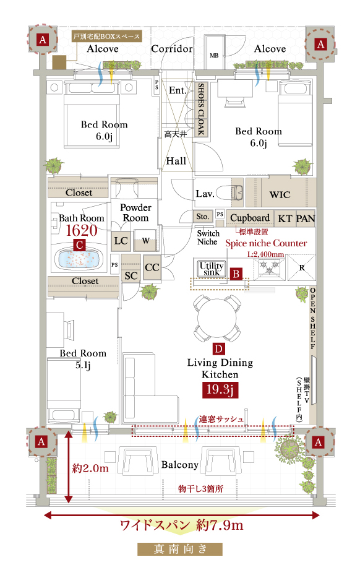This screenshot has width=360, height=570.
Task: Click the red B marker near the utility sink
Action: [x=236, y=274]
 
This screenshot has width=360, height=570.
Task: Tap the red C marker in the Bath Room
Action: [x=80, y=244]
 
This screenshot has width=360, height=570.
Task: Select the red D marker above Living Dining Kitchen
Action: [x=219, y=349]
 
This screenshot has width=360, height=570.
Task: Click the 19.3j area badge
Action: [x=220, y=390]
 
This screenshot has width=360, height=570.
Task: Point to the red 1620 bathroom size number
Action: [x=82, y=230]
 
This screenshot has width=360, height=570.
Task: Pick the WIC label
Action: [x=280, y=195]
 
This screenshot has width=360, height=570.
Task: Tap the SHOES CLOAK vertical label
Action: [x=201, y=109]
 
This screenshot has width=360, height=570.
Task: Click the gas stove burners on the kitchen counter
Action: [x=269, y=267]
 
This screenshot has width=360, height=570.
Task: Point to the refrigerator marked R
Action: [x=301, y=267]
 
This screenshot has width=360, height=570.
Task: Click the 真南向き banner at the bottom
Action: [x=180, y=549]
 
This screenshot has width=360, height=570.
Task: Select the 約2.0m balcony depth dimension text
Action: [x=90, y=468]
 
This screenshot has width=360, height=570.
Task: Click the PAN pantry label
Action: [x=306, y=218]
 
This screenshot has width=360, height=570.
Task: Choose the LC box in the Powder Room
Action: [x=121, y=241]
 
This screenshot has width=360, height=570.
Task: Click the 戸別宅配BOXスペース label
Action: [x=106, y=37]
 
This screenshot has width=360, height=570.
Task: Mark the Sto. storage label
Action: [x=202, y=217]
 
